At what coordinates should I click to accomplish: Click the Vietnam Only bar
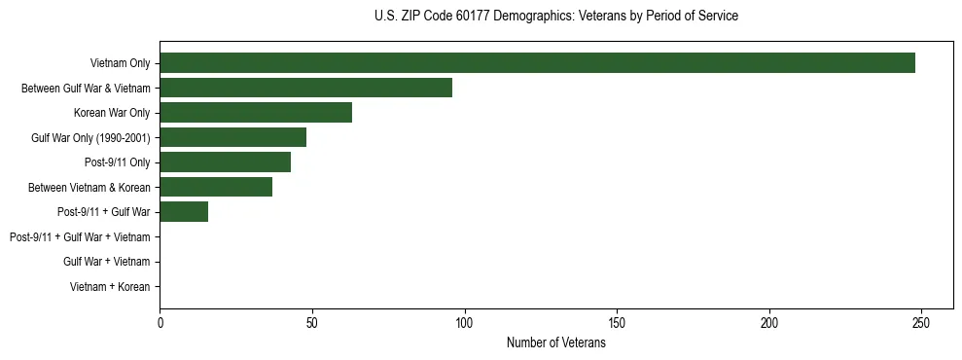pyautogui.click(x=537, y=63)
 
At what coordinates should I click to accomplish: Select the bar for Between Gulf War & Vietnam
pyautogui.click(x=305, y=88)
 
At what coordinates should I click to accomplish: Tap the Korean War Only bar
pyautogui.click(x=256, y=113)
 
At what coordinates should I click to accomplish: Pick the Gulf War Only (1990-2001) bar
pyautogui.click(x=232, y=137)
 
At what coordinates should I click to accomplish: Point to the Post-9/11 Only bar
pyautogui.click(x=225, y=162)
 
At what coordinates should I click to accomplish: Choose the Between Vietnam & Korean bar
pyautogui.click(x=216, y=187)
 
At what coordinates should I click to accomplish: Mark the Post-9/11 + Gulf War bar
pyautogui.click(x=184, y=212)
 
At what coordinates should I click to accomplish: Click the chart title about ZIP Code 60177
pyautogui.click(x=555, y=17)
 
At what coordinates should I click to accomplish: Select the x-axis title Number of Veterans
pyautogui.click(x=555, y=343)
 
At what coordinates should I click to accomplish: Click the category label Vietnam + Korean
pyautogui.click(x=110, y=287)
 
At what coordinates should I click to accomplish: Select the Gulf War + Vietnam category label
pyautogui.click(x=106, y=262)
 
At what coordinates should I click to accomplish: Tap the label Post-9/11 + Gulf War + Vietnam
pyautogui.click(x=80, y=237)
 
